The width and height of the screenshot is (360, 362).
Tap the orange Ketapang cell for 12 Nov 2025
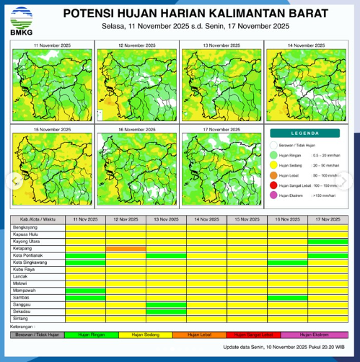(126, 248)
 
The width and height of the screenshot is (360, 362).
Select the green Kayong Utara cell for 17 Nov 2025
(328, 241)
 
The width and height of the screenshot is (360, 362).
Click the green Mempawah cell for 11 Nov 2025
(85, 290)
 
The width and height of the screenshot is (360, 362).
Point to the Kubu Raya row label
(29, 269)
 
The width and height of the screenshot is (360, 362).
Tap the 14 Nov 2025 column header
(206, 219)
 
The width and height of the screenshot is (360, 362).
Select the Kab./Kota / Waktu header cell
(38, 219)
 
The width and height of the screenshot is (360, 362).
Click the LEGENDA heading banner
(308, 133)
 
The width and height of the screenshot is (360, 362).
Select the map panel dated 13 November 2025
(221, 81)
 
